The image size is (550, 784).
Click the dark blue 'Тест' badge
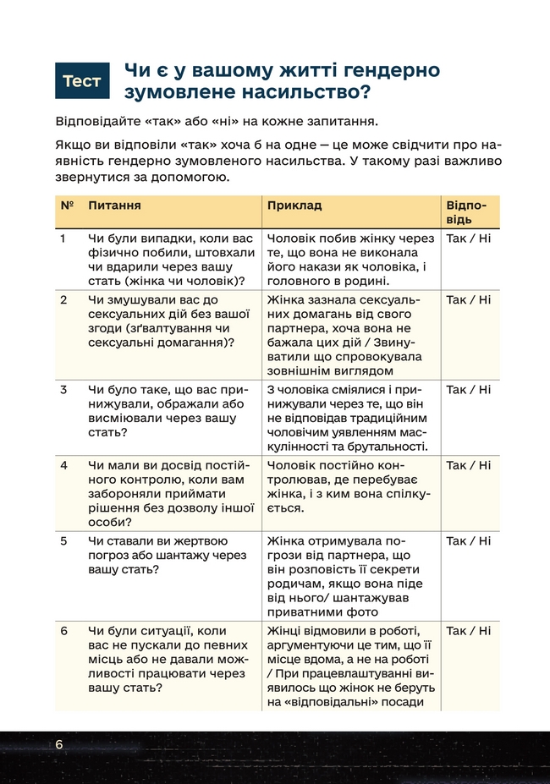click(x=82, y=81)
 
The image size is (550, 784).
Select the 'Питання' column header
click(x=114, y=206)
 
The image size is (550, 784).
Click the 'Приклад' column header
click(x=294, y=206)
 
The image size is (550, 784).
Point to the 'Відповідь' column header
click(x=465, y=212)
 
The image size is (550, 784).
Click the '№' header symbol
click(x=67, y=206)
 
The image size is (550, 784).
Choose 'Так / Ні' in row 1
click(x=468, y=238)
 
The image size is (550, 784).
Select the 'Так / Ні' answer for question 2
click(x=468, y=300)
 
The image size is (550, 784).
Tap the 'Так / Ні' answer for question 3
click(x=468, y=390)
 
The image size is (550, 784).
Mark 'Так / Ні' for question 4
click(x=468, y=465)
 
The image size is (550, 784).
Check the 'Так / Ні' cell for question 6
click(x=468, y=630)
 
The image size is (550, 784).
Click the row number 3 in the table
click(x=64, y=390)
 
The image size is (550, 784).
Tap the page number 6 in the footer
click(x=59, y=744)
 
